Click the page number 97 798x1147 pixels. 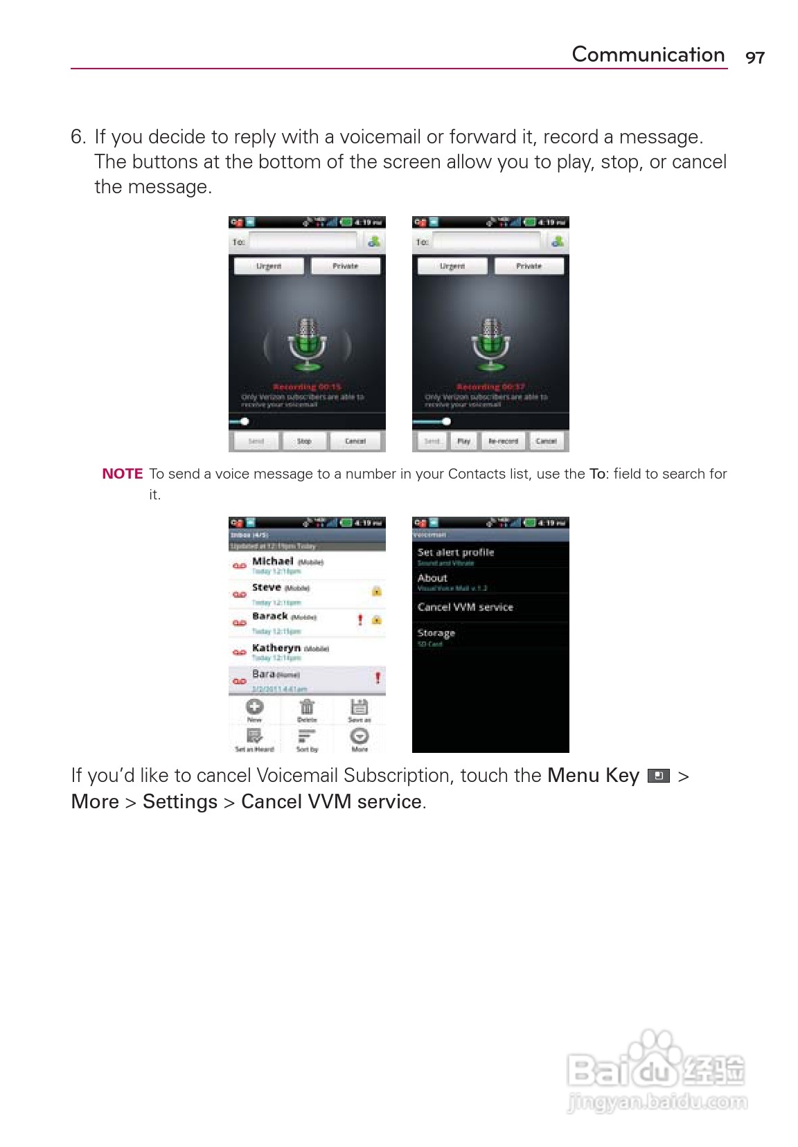tap(754, 57)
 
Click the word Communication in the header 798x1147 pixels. tap(648, 55)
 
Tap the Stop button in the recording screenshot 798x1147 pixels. tap(304, 441)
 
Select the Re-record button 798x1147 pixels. tap(503, 441)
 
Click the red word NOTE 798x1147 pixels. tap(122, 474)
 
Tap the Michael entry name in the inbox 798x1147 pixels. tap(273, 561)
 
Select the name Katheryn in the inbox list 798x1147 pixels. tap(276, 648)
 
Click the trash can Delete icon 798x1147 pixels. tap(307, 707)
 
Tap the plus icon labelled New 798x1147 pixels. tap(255, 707)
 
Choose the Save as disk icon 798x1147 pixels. tap(359, 707)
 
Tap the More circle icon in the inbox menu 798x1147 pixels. tap(360, 736)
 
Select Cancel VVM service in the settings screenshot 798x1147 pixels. tap(465, 607)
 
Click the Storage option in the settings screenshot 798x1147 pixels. tap(436, 633)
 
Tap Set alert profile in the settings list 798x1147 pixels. tap(455, 552)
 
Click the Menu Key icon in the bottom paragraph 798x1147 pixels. tap(658, 776)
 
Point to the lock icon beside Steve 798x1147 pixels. tap(376, 591)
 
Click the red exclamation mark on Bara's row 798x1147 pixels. tap(378, 677)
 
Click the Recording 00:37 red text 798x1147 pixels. tap(490, 387)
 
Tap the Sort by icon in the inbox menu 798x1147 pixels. tap(307, 736)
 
